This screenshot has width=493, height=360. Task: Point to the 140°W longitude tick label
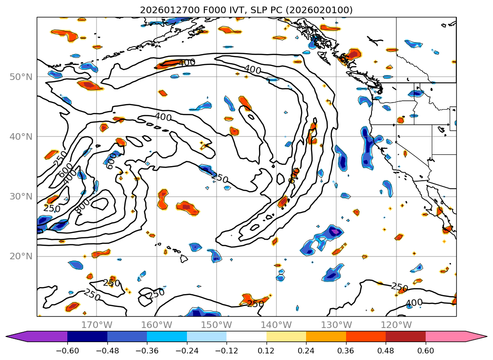[x=276, y=325]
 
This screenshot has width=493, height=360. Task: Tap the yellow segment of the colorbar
[x=286, y=336]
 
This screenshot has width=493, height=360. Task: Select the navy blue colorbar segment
[x=87, y=336]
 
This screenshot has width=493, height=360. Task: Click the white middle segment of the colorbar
[x=246, y=336]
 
